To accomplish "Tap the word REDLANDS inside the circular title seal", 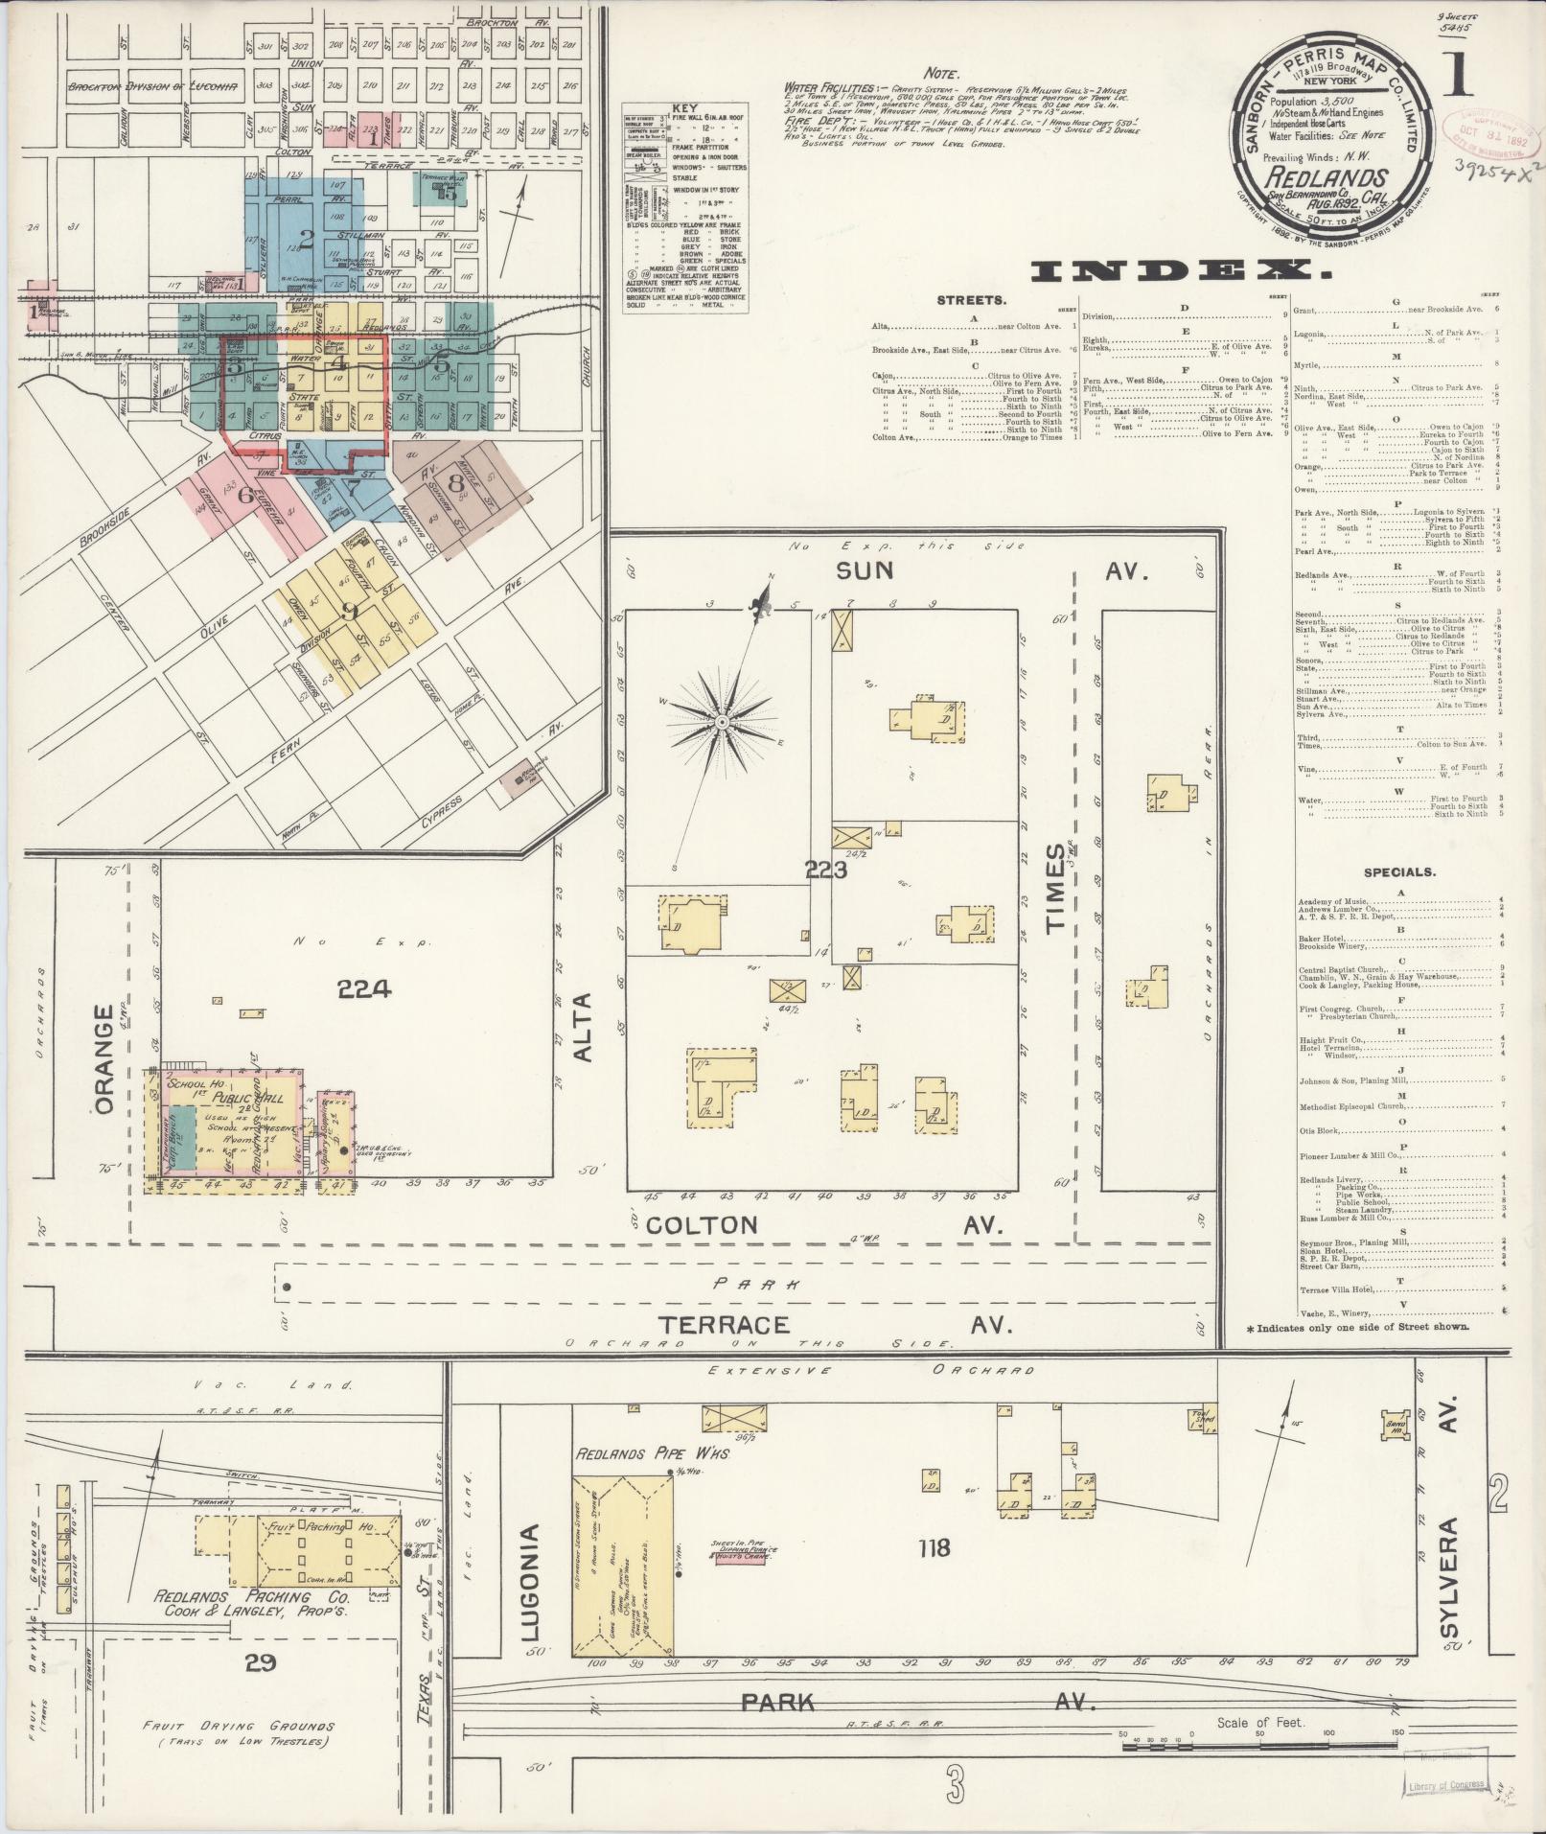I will point(1327,177).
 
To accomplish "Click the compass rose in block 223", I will point(722,720).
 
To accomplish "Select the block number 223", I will point(826,871).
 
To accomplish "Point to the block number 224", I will point(364,988).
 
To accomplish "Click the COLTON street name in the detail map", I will point(701,1224).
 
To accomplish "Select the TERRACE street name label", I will point(724,1325).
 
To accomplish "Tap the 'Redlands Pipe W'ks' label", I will point(651,1481).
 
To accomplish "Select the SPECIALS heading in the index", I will point(1399,872).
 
